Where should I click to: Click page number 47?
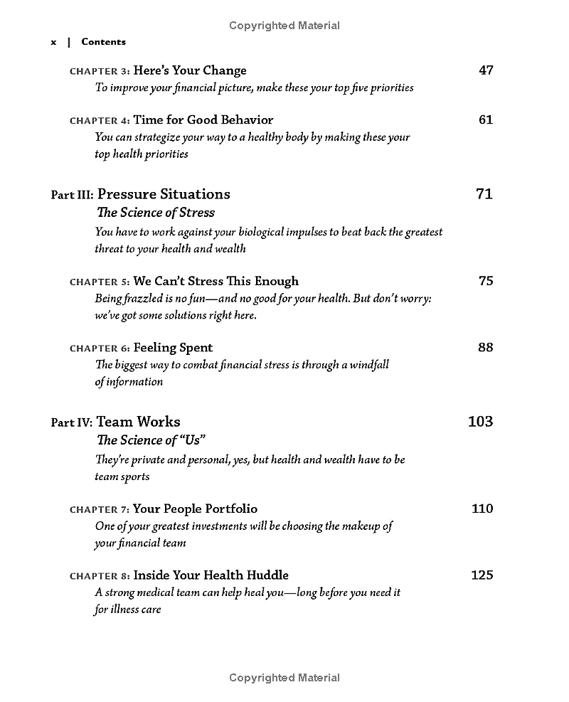(486, 70)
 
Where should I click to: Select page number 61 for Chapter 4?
(486, 119)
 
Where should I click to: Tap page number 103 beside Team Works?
(480, 421)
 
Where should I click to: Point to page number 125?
(482, 575)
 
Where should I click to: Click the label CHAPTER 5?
(100, 282)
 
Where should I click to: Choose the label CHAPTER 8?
(100, 576)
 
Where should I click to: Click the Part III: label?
(72, 195)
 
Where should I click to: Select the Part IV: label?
(72, 422)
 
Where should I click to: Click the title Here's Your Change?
(190, 70)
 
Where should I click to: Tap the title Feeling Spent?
(173, 348)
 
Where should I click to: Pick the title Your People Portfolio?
(196, 509)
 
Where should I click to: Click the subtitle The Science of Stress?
(155, 212)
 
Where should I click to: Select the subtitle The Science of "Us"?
(146, 440)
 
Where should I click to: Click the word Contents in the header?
(103, 42)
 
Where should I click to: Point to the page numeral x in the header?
(53, 43)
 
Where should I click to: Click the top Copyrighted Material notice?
(284, 26)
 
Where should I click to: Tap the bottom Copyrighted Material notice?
(284, 678)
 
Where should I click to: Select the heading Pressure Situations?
(164, 194)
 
